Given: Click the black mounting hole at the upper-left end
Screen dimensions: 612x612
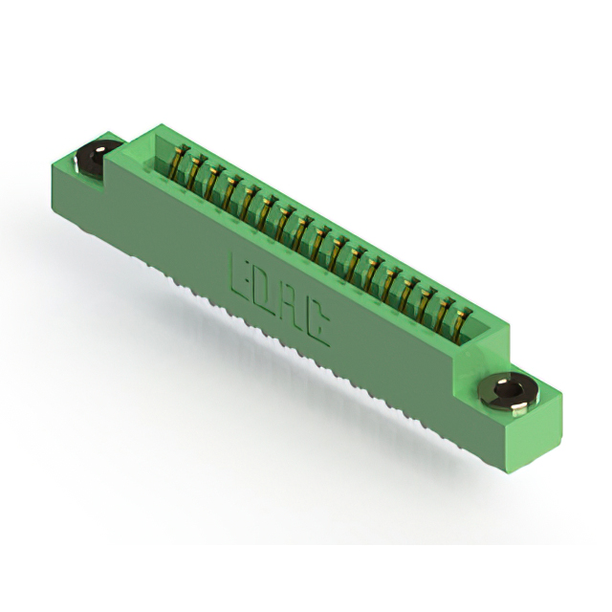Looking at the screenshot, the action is tap(94, 158).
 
